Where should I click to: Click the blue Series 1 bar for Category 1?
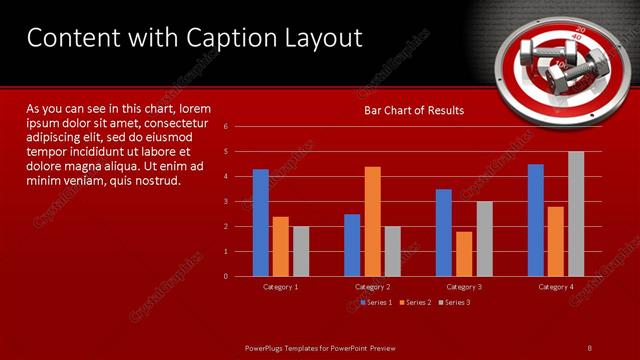click(x=261, y=222)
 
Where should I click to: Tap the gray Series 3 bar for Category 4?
click(x=576, y=213)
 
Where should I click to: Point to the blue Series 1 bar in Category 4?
click(x=536, y=220)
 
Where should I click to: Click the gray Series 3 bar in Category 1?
click(x=301, y=251)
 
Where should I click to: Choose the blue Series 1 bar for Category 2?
click(x=353, y=244)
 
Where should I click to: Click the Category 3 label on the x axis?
click(x=464, y=287)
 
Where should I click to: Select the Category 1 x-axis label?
click(x=280, y=287)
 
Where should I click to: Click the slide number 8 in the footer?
click(x=590, y=346)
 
